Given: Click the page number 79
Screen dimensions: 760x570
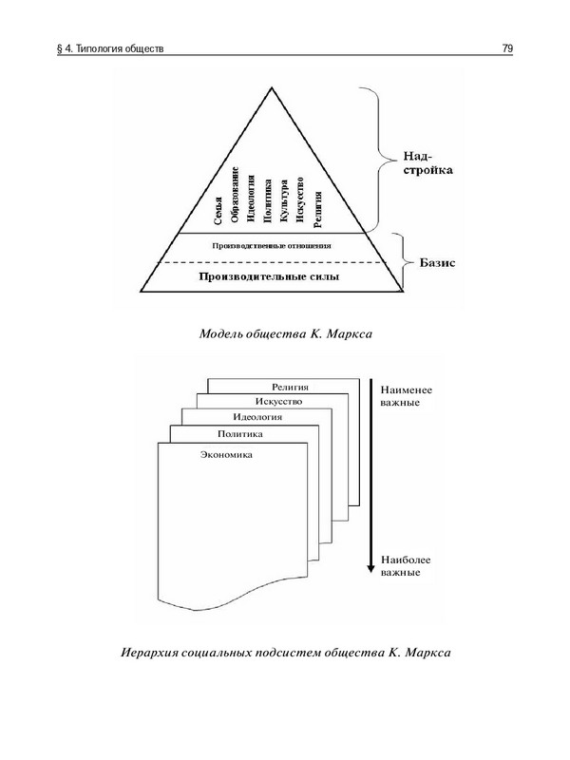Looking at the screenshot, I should (507, 47).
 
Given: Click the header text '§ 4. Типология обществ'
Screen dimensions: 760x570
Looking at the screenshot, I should (111, 47).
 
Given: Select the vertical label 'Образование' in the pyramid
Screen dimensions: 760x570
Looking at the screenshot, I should (236, 194).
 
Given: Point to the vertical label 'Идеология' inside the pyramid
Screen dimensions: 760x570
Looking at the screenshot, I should (251, 199).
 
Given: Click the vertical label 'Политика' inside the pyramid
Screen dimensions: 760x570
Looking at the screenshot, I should (268, 200).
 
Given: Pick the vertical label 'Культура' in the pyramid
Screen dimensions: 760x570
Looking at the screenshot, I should (284, 201).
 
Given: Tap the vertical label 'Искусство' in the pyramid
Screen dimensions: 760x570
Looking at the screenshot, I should (300, 199).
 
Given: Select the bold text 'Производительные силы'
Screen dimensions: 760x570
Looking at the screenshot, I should (270, 276).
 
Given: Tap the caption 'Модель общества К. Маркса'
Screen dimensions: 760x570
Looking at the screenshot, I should (285, 333).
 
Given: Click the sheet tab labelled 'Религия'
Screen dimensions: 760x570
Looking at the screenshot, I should (294, 387).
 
